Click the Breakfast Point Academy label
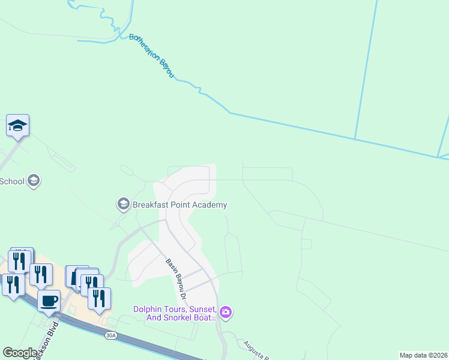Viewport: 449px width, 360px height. click(x=180, y=205)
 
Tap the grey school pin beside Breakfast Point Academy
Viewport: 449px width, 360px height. click(x=124, y=204)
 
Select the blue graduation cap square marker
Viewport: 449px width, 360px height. click(x=18, y=126)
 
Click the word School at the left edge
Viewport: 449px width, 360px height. click(x=13, y=181)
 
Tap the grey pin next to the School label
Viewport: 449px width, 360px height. click(x=34, y=180)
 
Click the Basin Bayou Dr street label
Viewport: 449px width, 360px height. click(x=176, y=280)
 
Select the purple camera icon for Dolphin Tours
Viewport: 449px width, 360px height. click(x=226, y=311)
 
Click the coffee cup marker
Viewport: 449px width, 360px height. click(x=49, y=299)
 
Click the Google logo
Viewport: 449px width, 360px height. click(x=20, y=353)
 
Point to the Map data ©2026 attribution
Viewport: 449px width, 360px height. click(x=423, y=355)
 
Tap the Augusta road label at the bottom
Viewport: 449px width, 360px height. click(x=255, y=349)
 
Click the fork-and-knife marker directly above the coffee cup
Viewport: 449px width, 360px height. click(x=41, y=274)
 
